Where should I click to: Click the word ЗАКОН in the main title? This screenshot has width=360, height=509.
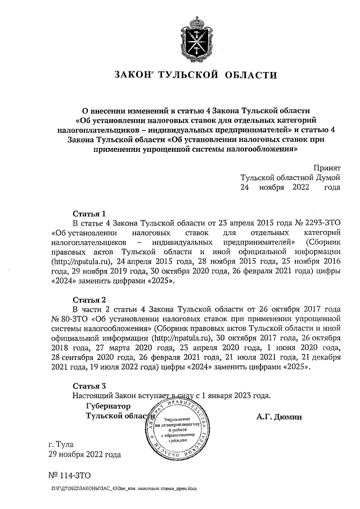133,75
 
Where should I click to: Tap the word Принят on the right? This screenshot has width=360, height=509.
327,166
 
